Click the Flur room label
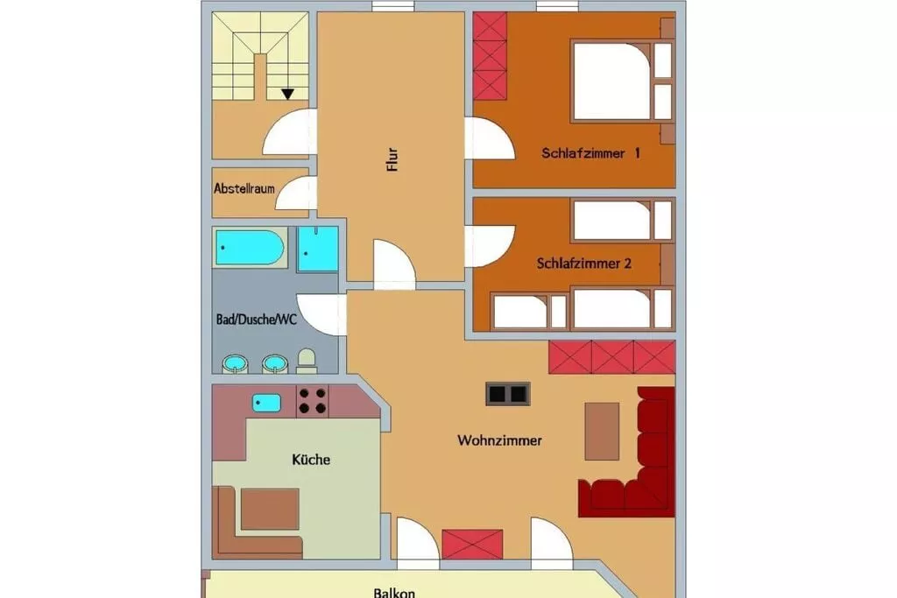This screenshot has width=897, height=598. point(392,159)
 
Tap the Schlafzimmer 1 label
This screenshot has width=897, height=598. point(590,153)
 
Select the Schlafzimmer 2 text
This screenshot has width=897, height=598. point(583,264)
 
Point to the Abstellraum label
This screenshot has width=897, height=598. point(244,188)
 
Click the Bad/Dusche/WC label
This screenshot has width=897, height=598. point(257,320)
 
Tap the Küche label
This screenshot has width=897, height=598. point(311,460)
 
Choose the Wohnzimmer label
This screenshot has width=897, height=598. point(499,440)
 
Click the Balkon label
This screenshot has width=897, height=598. point(394,593)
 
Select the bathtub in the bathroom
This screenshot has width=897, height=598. point(250,248)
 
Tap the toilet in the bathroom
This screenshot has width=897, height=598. point(307,362)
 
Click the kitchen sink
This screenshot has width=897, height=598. point(266,403)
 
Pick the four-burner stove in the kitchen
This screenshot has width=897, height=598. point(313,401)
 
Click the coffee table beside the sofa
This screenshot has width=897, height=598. point(602,431)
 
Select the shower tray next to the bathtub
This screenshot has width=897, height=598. point(318,249)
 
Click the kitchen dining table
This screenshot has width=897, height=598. point(270,509)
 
